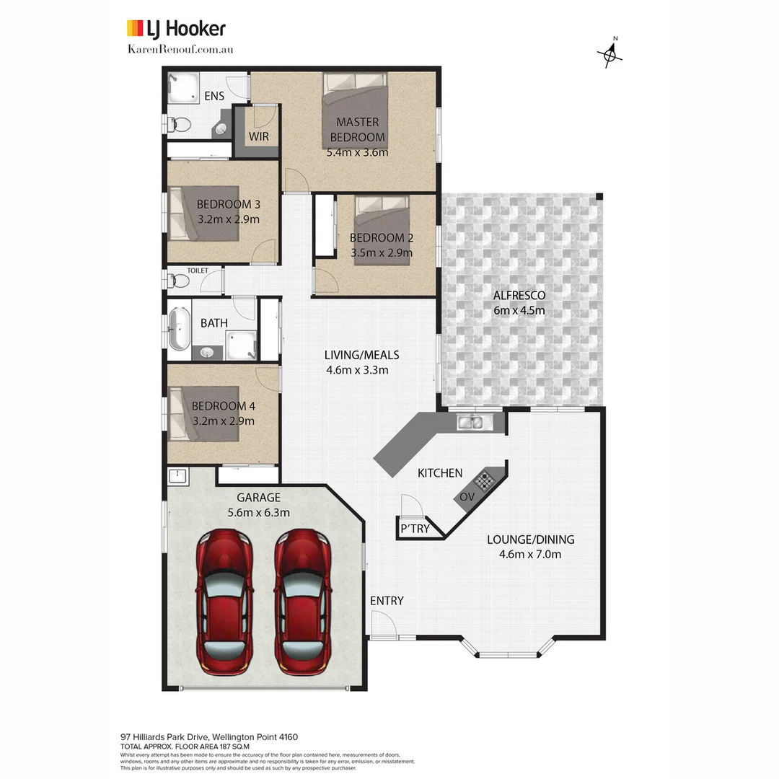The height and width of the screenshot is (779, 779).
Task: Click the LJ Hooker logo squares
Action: click(135, 28)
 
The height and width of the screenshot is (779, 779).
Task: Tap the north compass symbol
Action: click(610, 54)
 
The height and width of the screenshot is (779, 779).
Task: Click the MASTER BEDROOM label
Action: click(358, 130)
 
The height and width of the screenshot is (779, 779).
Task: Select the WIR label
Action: click(259, 136)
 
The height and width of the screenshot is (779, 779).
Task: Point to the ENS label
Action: click(214, 96)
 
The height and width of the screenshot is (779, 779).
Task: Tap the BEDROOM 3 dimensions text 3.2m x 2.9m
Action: click(228, 219)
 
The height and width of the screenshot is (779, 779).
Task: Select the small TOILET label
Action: click(198, 270)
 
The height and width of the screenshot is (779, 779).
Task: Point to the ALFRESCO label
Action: click(519, 295)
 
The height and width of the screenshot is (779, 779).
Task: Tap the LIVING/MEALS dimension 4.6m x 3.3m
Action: click(358, 370)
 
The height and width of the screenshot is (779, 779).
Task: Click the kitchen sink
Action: click(475, 421)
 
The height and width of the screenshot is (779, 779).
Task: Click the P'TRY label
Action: click(415, 529)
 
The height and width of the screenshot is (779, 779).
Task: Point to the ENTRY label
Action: click(387, 601)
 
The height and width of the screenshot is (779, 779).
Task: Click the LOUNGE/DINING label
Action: click(530, 540)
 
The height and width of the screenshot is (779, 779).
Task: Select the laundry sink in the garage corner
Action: click(178, 476)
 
